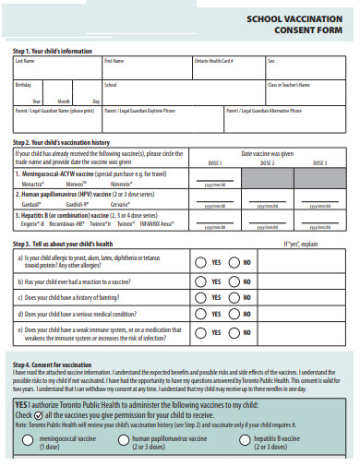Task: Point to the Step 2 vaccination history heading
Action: [62, 142]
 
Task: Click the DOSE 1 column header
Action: [214, 162]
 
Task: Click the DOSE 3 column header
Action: [319, 162]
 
